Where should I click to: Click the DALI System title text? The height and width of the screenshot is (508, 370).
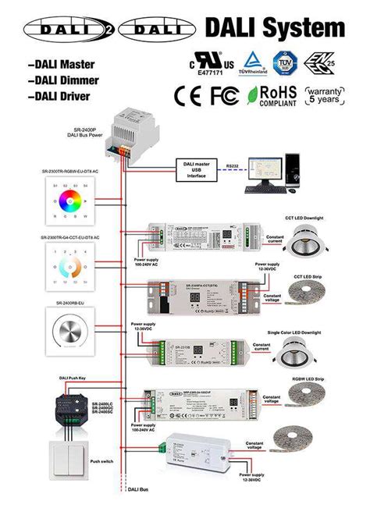coord(275,28)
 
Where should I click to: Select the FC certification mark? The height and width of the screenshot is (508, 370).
coord(222,96)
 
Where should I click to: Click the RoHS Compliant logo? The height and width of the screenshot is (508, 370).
coord(272,95)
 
